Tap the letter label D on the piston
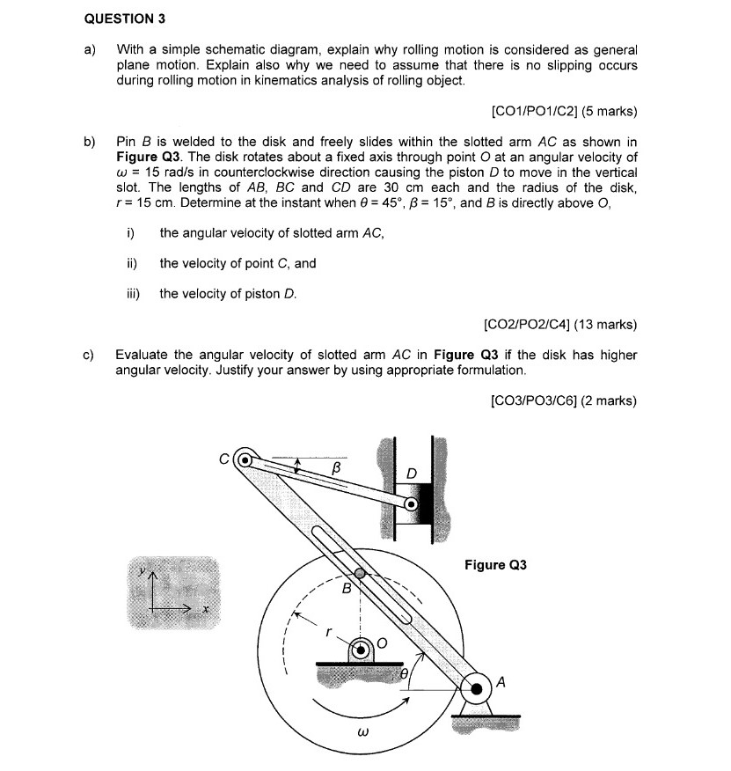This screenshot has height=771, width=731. tap(411, 474)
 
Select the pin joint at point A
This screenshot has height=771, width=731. tap(476, 687)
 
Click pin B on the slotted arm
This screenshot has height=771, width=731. tap(347, 573)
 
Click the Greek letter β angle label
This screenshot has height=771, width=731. tap(335, 471)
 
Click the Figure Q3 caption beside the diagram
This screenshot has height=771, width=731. tap(494, 564)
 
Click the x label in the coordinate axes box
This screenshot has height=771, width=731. tap(205, 609)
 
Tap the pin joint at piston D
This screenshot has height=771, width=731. tap(411, 504)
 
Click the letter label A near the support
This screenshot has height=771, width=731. tap(501, 679)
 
